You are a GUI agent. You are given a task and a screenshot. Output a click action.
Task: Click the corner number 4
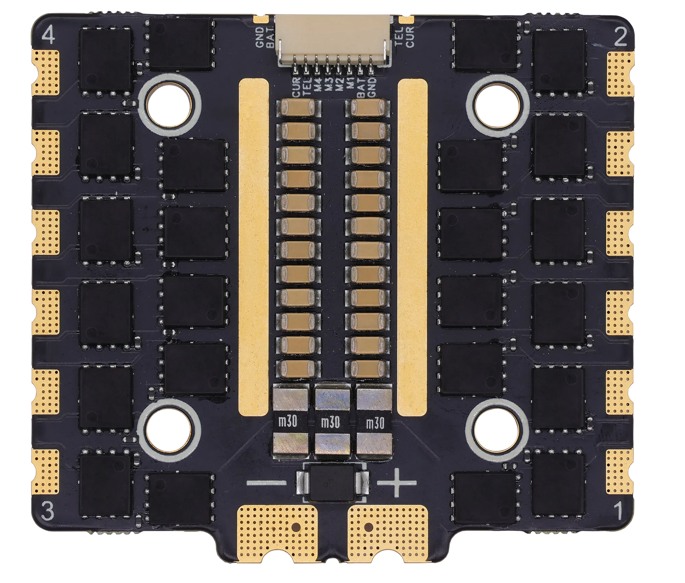tap(49, 36)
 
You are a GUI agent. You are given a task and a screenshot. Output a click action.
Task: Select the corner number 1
tap(619, 511)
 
